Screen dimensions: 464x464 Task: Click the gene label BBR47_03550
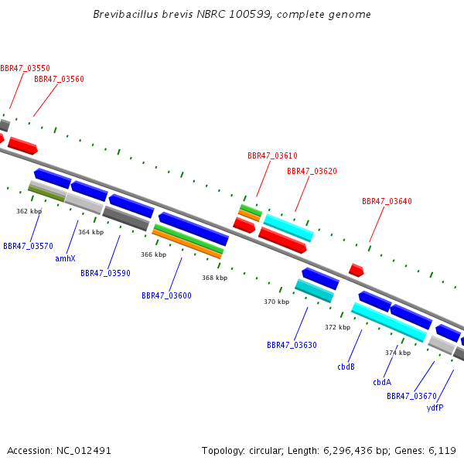(26, 68)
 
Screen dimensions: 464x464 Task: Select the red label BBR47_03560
(60, 80)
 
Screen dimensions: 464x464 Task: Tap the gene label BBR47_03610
(272, 155)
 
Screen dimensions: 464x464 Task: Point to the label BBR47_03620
(312, 171)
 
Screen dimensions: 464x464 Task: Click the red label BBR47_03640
(387, 201)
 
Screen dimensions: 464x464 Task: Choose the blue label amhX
(66, 258)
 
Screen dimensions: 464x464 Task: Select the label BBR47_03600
(166, 295)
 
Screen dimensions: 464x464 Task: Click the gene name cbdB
(346, 367)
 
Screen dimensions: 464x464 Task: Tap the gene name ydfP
(435, 408)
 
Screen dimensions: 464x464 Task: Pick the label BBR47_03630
(292, 345)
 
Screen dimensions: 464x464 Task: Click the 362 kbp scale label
(29, 211)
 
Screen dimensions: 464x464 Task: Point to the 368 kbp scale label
(215, 278)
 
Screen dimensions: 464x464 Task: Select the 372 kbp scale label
(338, 327)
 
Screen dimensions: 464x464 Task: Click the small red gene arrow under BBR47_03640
(357, 270)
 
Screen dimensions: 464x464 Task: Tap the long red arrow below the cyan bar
(282, 241)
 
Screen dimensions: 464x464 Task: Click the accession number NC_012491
(84, 451)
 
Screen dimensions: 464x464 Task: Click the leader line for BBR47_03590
(114, 252)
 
